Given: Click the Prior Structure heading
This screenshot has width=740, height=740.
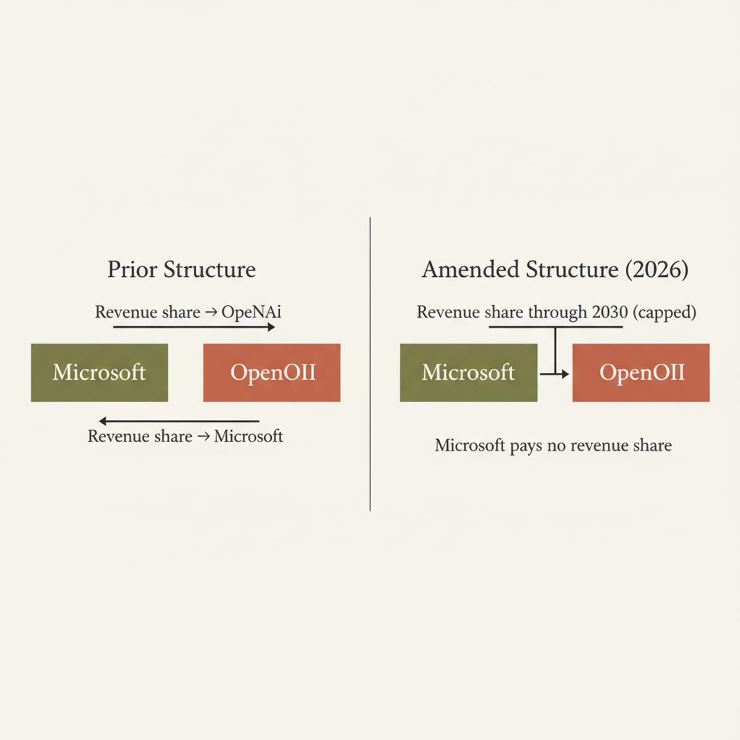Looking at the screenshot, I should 181,269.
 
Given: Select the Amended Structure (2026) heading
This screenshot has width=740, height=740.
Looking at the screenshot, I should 555,269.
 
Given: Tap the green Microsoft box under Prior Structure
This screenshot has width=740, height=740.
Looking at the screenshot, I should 99,372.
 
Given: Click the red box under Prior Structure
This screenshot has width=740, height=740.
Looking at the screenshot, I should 272,372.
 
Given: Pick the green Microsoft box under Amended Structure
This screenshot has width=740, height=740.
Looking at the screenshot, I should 469,372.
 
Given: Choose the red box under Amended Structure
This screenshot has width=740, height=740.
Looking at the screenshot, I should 641,372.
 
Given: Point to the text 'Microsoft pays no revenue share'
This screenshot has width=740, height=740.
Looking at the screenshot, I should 553,445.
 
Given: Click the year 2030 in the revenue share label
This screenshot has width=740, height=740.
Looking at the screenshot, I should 609,312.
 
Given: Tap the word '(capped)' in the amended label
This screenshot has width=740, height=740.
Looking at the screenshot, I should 665,313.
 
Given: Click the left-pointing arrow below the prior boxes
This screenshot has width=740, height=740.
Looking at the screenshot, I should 179,421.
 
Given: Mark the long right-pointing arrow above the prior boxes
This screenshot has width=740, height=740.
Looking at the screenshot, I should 194,327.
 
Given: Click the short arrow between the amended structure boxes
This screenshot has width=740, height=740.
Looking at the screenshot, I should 554,374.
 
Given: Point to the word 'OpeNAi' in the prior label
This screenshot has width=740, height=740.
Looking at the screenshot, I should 252,312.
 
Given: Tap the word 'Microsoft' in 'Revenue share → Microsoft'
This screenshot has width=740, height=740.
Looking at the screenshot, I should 249,437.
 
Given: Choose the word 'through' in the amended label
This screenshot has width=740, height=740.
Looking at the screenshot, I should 557,312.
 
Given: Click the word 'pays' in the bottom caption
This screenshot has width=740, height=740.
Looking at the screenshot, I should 526,446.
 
